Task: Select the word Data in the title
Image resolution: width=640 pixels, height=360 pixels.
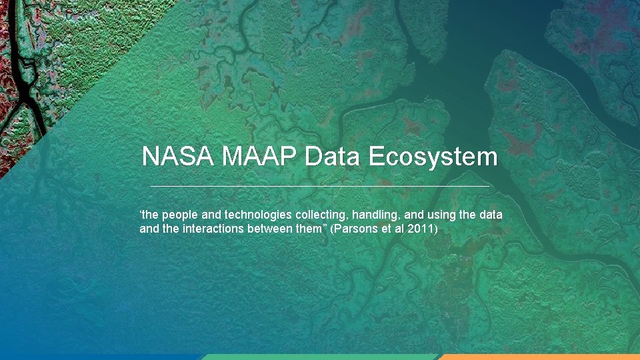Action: click(332, 157)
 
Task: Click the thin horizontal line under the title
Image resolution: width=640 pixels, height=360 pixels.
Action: click(320, 185)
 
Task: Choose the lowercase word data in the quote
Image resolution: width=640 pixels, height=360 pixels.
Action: click(490, 215)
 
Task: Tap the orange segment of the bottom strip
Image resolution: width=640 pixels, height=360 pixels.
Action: click(540, 357)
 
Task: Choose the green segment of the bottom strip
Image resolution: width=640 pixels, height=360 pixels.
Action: click(320, 357)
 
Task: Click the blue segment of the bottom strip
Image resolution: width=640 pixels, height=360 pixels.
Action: click(100, 357)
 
